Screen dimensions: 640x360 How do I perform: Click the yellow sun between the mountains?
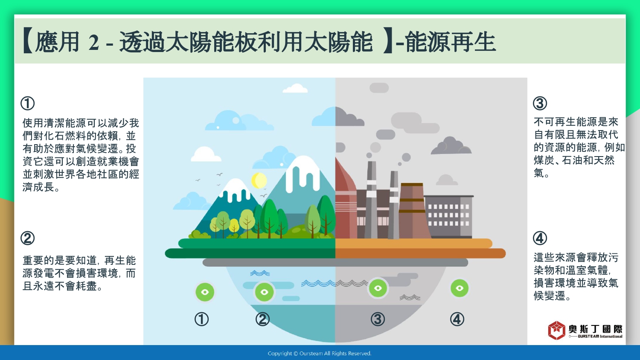tap(259, 180)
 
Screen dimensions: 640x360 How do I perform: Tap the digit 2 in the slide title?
tap(94, 43)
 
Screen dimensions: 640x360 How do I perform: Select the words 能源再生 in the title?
tap(450, 42)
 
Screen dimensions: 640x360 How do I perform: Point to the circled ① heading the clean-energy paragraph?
tap(27, 103)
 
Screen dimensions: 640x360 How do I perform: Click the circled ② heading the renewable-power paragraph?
tap(27, 238)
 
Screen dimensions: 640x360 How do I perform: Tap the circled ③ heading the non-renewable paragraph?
tap(540, 103)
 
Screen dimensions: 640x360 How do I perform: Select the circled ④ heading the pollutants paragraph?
tap(540, 238)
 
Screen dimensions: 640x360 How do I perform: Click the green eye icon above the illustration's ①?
tap(205, 292)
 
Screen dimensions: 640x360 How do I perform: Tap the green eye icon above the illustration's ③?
tap(378, 288)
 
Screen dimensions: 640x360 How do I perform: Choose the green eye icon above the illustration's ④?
tap(460, 288)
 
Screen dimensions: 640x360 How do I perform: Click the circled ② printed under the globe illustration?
tap(262, 319)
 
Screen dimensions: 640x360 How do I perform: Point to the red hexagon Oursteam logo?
tap(556, 330)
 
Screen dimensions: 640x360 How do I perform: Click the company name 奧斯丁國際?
tap(596, 329)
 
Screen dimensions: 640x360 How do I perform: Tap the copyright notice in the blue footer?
tap(320, 354)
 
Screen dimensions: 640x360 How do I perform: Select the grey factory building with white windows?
tap(448, 217)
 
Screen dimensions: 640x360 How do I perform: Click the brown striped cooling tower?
tap(412, 211)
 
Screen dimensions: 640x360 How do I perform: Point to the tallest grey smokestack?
tap(371, 200)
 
